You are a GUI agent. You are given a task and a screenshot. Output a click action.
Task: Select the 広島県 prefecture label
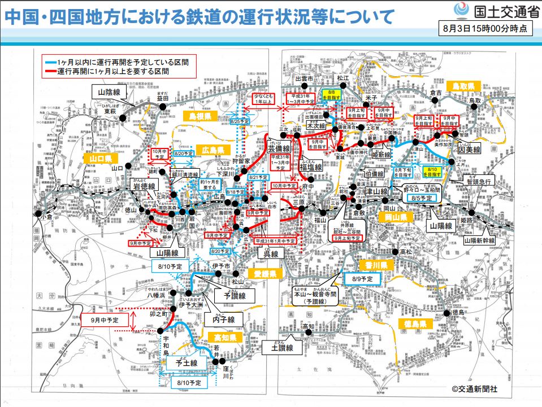point(213,150)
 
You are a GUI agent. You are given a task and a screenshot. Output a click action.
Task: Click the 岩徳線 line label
point(144,185)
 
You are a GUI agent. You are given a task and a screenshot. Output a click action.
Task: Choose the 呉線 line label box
point(271,254)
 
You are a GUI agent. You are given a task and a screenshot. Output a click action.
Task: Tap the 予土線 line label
point(186,363)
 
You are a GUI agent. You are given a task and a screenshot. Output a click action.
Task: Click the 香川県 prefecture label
point(373,265)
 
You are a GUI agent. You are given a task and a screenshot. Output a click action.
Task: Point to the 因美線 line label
point(469,150)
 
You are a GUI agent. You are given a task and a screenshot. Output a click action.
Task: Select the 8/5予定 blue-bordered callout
point(421,198)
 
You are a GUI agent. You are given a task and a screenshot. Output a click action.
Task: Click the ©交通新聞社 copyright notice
point(475,389)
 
